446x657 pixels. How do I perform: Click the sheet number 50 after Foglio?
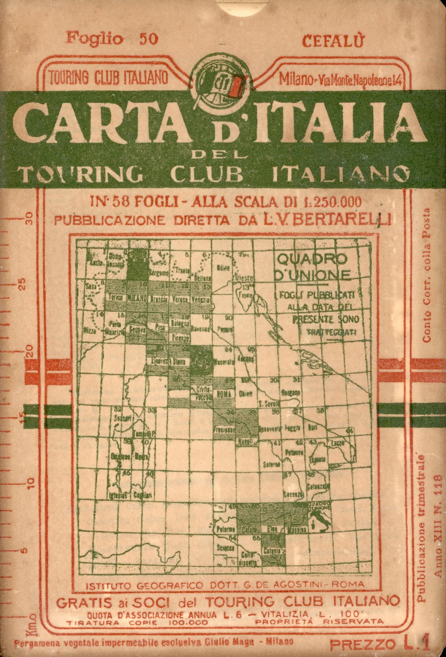tap(149, 39)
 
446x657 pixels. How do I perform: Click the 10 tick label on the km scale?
tap(31, 483)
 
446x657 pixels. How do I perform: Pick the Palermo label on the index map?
tap(225, 529)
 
